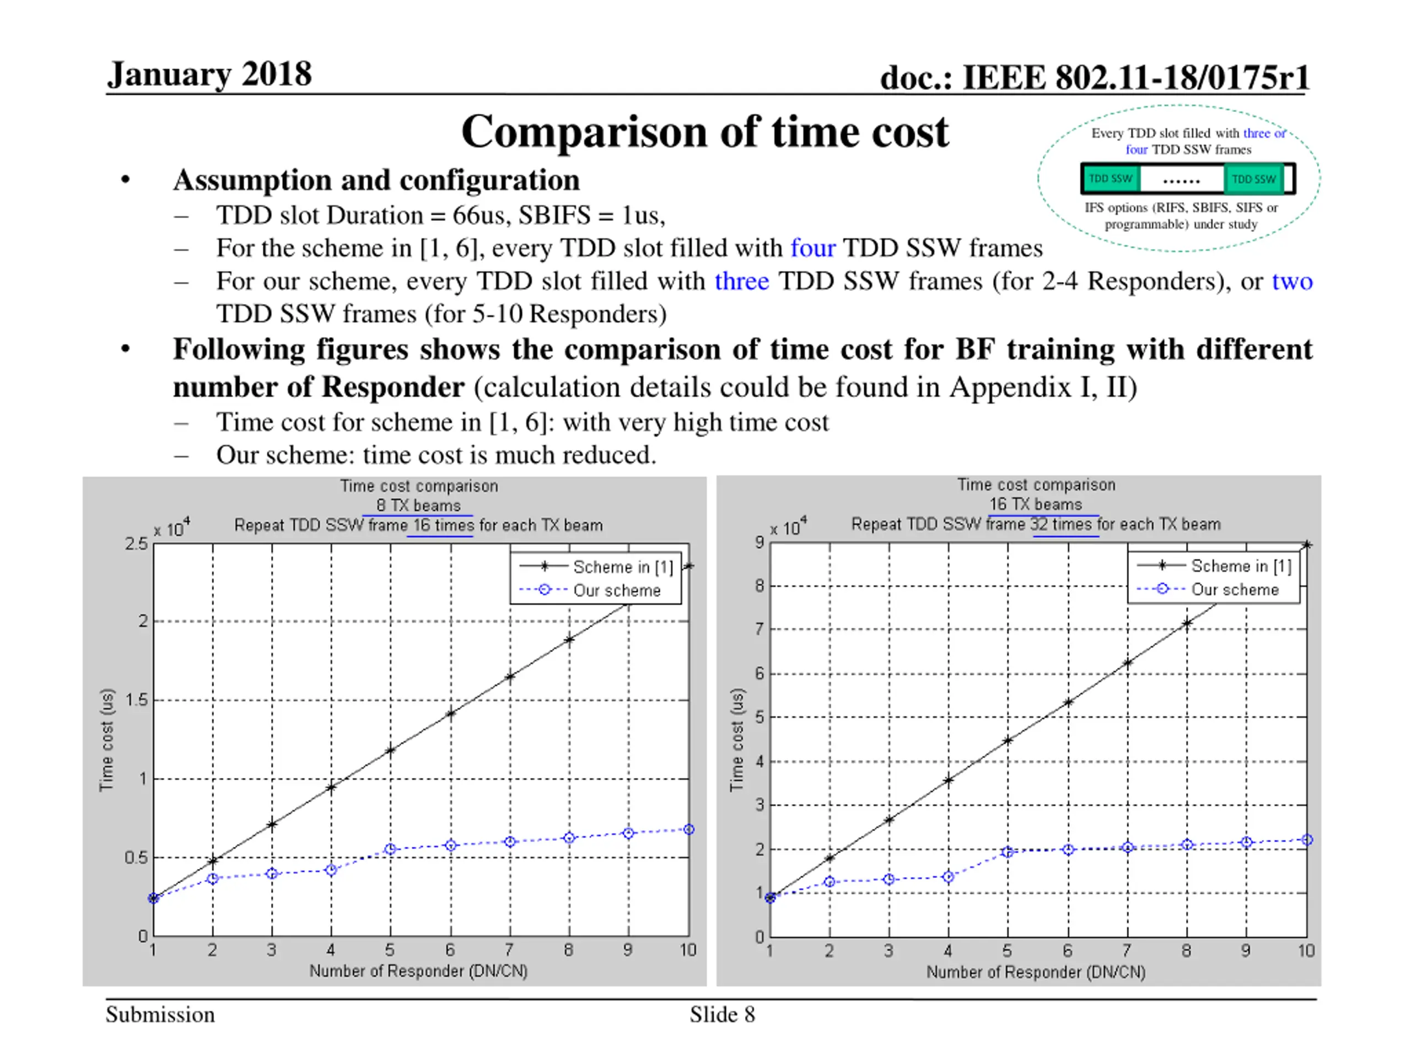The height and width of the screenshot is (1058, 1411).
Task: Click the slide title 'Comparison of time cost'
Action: point(705,132)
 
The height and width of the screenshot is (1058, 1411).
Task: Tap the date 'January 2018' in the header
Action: point(209,74)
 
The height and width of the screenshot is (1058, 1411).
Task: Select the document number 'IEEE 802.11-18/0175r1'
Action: point(1135,78)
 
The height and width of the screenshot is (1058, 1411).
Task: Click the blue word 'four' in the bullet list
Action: point(812,248)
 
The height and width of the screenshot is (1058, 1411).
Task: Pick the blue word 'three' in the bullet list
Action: point(741,281)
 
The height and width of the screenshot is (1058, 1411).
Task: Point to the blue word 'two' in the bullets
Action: point(1292,281)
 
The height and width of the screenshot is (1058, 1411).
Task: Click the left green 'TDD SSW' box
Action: point(1110,179)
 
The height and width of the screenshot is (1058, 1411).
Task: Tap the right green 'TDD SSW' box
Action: point(1253,179)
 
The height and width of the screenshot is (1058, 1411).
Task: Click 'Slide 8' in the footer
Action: point(722,1014)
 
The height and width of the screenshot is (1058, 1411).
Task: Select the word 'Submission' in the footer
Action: point(160,1014)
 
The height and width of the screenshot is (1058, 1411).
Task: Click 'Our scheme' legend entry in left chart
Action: point(616,591)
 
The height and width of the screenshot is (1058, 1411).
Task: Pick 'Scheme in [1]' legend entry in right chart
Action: point(1241,566)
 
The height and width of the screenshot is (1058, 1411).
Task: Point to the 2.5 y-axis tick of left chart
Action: point(136,544)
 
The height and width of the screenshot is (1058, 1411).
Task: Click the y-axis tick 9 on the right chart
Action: point(759,543)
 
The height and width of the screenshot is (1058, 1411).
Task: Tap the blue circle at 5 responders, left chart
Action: point(390,849)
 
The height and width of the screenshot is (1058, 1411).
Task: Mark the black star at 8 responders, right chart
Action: point(1187,623)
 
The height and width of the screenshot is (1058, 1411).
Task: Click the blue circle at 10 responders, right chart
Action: point(1306,840)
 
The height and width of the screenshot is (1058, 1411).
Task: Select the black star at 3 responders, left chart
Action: point(272,824)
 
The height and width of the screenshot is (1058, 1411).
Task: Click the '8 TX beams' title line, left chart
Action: point(418,506)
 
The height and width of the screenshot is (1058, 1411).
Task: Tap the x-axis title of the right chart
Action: point(1036,972)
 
